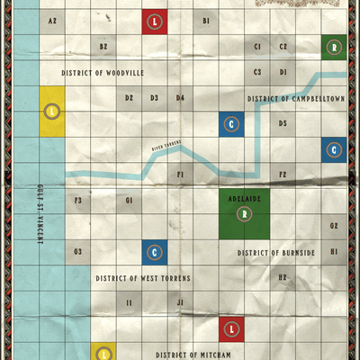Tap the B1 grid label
(206, 20)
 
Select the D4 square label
(180, 97)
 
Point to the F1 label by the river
(180, 174)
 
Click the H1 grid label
(334, 252)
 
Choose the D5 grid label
(283, 123)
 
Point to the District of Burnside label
(276, 253)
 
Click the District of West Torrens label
(143, 278)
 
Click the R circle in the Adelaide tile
(244, 213)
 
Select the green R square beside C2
(335, 46)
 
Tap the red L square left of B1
(155, 21)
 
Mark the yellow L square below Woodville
(52, 111)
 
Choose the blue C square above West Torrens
(155, 252)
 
